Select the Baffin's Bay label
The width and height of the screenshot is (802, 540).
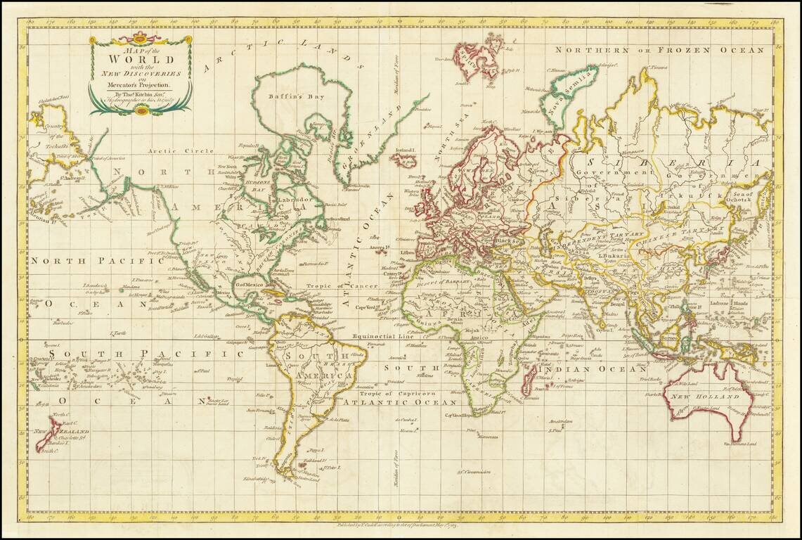(290, 97)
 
